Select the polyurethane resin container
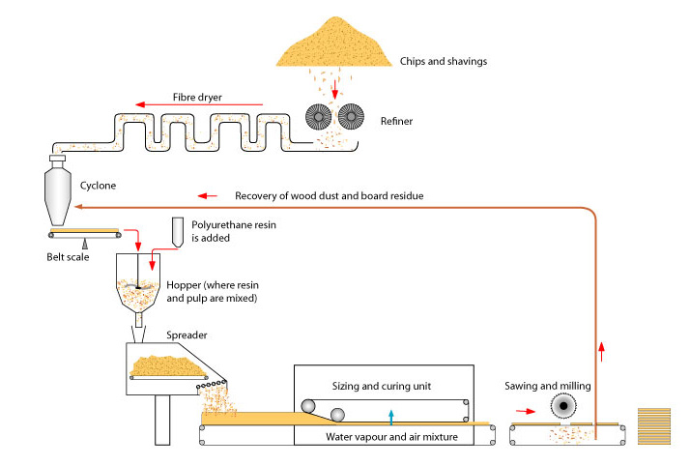pyautogui.click(x=178, y=231)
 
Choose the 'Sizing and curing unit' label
pyautogui.click(x=383, y=386)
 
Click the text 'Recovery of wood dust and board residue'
pyautogui.click(x=329, y=196)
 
